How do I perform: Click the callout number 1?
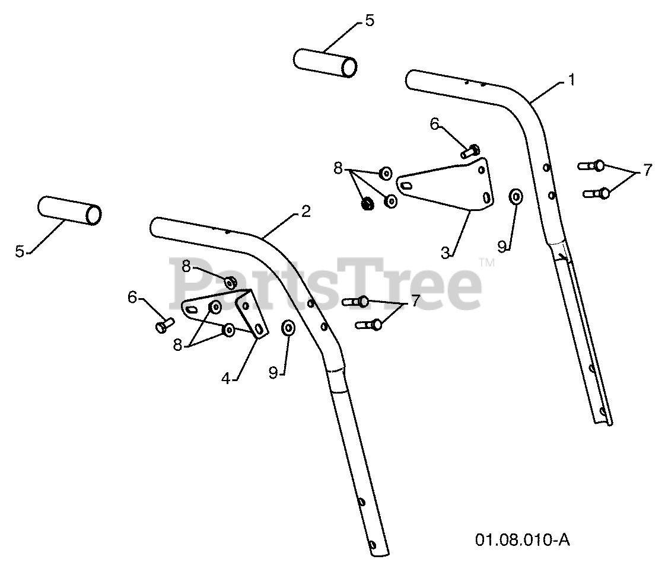point(571,79)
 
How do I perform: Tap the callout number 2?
point(305,211)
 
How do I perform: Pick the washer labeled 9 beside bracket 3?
point(516,196)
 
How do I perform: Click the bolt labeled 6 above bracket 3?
point(471,150)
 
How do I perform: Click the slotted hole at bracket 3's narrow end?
point(407,186)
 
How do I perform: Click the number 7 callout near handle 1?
point(646,171)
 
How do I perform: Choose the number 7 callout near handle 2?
point(415,301)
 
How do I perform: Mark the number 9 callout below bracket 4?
point(273,372)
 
